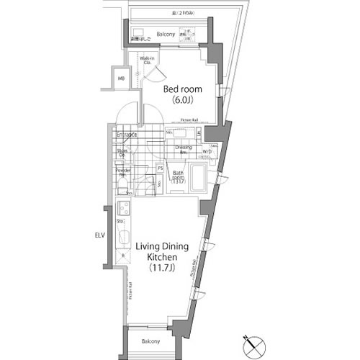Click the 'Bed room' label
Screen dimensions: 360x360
point(182,89)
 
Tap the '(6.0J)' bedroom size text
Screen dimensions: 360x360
point(182,102)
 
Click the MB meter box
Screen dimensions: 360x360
point(121,78)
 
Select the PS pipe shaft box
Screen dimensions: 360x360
point(161,168)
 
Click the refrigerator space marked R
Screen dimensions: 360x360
point(122,255)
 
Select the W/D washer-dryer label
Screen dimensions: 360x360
point(207,151)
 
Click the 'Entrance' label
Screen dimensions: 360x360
point(127,135)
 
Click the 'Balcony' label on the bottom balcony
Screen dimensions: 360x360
point(150,341)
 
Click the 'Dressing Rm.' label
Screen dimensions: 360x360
point(183,150)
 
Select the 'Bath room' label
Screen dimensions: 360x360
point(179,177)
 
